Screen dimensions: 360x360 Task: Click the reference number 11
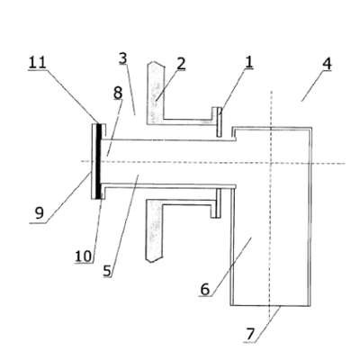click(x=37, y=62)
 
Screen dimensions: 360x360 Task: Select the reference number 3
click(x=123, y=58)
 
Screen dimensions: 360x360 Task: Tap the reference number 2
click(x=181, y=64)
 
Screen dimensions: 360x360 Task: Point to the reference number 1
click(x=249, y=62)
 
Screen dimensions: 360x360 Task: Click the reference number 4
click(x=327, y=64)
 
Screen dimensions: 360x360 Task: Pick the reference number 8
click(x=118, y=93)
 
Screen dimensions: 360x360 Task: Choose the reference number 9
click(x=40, y=213)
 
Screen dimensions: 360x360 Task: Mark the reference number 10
click(x=83, y=256)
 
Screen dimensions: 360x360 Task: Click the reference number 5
click(x=107, y=271)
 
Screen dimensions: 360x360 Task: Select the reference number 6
click(x=204, y=290)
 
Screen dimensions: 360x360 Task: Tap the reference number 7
click(x=250, y=335)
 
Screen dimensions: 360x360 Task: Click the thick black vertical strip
click(x=99, y=161)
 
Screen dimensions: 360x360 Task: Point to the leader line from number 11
click(x=72, y=96)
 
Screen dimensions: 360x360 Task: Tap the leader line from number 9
click(x=67, y=197)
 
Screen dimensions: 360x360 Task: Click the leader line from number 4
click(x=314, y=86)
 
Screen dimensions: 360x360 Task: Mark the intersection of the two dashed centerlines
click(x=271, y=163)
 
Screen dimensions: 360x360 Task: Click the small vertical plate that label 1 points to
click(x=220, y=122)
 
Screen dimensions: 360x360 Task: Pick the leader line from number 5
click(x=123, y=227)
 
